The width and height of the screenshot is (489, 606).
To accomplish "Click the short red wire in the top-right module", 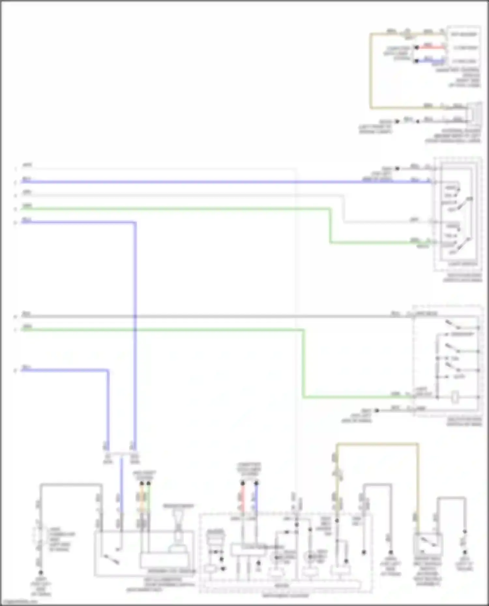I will click(x=430, y=48).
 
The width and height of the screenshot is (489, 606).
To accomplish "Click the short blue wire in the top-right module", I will click(x=430, y=61).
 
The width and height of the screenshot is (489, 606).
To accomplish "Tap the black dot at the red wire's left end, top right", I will click(x=416, y=48).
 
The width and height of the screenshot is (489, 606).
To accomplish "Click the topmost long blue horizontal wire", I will click(x=196, y=182).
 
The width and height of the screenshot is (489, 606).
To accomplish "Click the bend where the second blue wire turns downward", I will click(x=135, y=223).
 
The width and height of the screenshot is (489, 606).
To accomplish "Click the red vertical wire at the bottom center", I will click(x=243, y=498).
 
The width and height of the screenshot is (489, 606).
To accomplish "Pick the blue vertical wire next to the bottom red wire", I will click(x=256, y=498).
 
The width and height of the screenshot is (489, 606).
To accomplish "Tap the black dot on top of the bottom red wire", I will click(x=243, y=483).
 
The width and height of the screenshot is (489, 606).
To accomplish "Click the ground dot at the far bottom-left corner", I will click(x=41, y=572).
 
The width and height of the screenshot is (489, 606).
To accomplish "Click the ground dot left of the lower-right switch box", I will click(x=377, y=410).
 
